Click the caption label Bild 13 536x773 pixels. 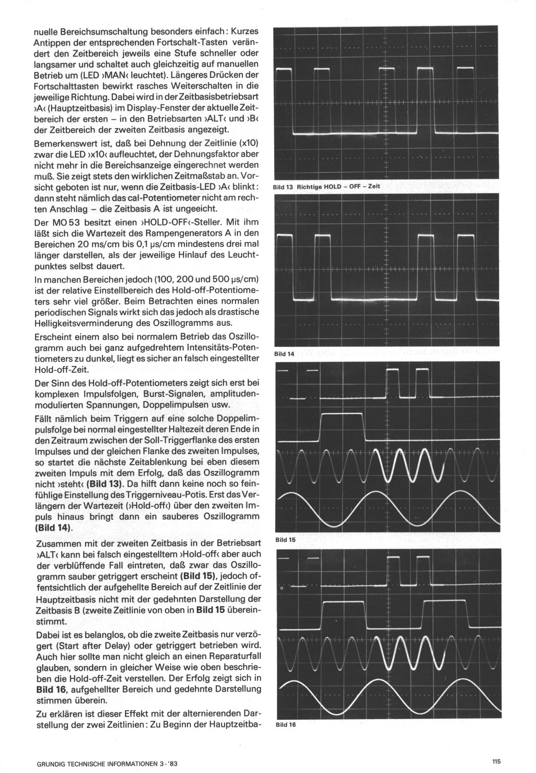pos(283,187)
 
